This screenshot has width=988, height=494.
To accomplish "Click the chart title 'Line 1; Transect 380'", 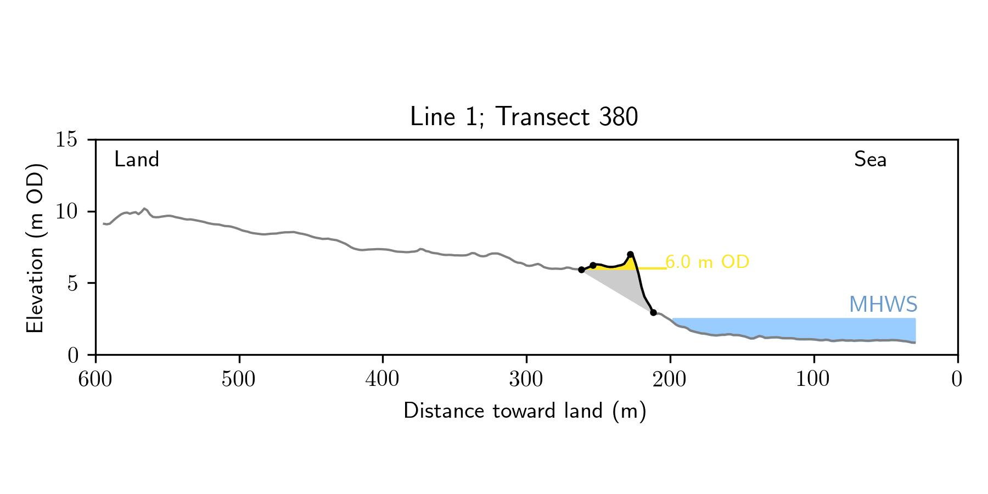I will pos(524,117).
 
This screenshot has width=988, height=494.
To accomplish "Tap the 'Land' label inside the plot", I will pos(137,160).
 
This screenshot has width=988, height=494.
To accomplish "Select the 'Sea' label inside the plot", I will pos(870,160).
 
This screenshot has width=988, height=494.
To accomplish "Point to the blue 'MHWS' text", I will pos(883,305).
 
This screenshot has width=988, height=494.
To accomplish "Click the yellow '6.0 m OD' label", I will pos(707,262).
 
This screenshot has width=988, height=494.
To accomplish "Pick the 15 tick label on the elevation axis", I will pos(66,140).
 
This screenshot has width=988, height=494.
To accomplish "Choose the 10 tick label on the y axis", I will pos(66,212).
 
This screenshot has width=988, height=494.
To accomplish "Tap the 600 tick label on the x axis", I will pos(96,379).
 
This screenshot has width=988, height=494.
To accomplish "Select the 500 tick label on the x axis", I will pos(239,379).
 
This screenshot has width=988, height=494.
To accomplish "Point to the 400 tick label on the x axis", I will pos(383,379).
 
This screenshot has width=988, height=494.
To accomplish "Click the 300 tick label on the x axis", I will pos(526,379).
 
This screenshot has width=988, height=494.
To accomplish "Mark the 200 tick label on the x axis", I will pos(670,379).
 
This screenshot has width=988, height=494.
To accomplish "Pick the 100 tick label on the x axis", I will pos(813,379).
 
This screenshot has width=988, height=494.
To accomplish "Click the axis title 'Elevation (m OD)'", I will pos(35,248).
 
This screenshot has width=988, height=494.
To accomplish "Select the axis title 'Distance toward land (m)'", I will pos(525,411).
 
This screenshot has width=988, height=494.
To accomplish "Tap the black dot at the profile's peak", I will pos(630,254).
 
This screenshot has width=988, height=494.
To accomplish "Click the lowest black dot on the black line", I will pos(653,312).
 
